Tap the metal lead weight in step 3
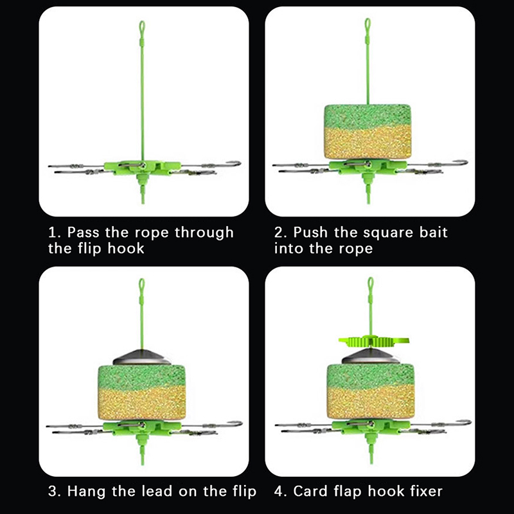(141, 357)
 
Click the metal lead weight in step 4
(371, 356)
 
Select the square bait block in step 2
(368, 132)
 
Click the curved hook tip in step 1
(236, 163)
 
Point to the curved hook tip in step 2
(463, 162)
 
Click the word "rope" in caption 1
(152, 233)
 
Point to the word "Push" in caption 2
(310, 232)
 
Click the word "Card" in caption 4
(310, 491)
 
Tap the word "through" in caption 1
(204, 233)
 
